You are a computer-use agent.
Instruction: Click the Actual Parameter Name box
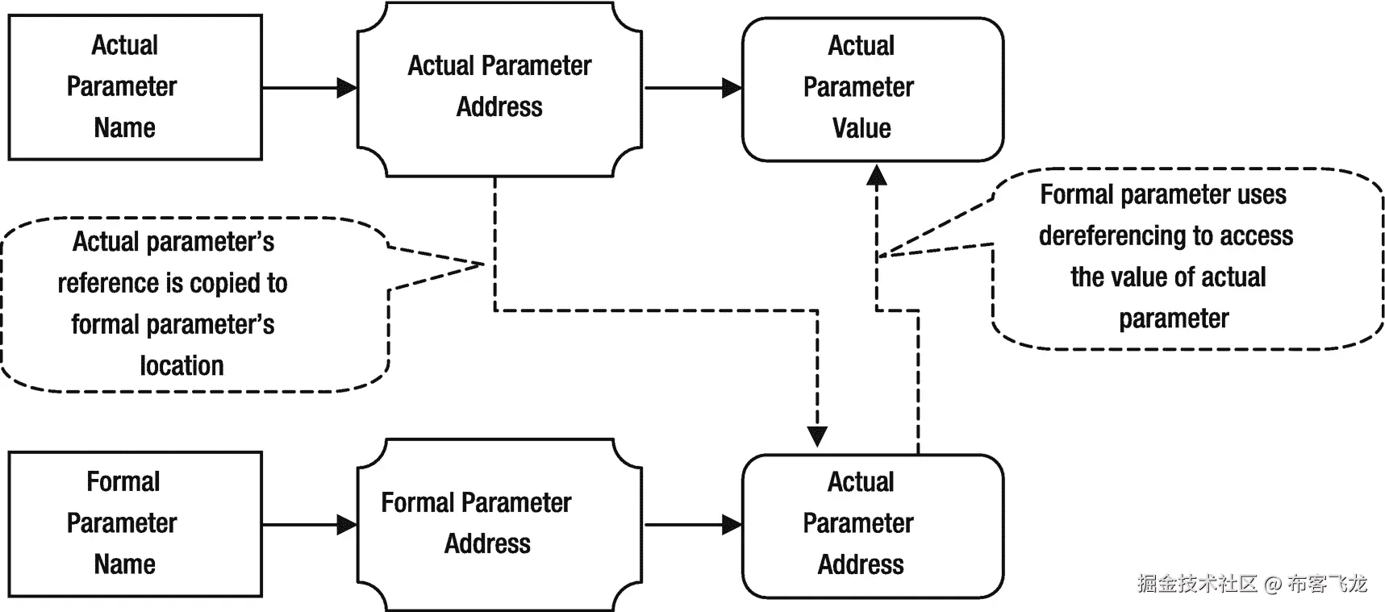[135, 87]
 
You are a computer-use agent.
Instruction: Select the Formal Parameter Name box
[135, 523]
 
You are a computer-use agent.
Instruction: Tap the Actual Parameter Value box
[872, 89]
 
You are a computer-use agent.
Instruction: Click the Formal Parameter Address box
[499, 523]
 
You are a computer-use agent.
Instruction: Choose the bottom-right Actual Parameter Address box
[872, 525]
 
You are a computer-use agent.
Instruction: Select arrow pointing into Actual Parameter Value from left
[694, 87]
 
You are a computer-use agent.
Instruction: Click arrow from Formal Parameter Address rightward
[694, 525]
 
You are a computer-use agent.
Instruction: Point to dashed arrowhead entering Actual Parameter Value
[877, 177]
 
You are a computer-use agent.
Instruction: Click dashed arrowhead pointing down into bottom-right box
[817, 435]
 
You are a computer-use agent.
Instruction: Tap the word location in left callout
[181, 366]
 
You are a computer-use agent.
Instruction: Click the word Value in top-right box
[861, 128]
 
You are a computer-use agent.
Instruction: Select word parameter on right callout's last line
[1174, 319]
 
